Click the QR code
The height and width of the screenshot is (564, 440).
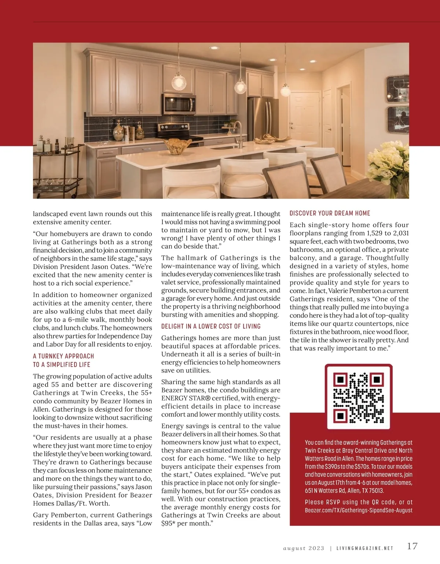(x=359, y=397)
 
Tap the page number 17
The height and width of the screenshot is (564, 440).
(x=412, y=546)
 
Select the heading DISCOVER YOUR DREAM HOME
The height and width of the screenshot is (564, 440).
(x=330, y=213)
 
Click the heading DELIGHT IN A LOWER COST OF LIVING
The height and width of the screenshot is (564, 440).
(x=211, y=326)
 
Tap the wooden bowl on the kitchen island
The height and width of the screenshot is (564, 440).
(x=177, y=146)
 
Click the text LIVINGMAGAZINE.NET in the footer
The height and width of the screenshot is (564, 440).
(x=364, y=549)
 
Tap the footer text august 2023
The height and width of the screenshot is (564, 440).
(x=304, y=549)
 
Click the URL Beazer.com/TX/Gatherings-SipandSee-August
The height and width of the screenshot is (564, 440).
(x=359, y=510)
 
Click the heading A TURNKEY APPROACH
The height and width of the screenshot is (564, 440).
(x=63, y=356)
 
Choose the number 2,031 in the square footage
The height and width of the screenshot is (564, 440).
(x=398, y=233)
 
